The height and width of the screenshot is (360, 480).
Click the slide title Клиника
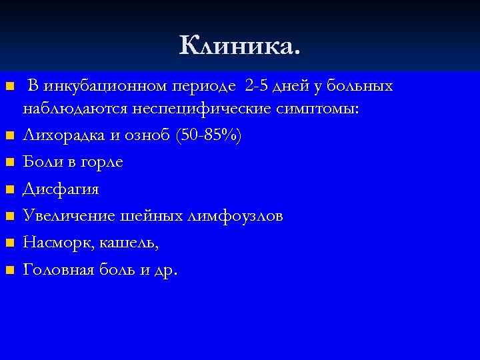click(240, 45)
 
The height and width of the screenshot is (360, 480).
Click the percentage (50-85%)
click(208, 136)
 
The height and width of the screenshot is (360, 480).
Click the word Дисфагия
click(61, 190)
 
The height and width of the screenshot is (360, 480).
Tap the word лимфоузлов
click(236, 217)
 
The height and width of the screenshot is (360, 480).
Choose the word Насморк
click(58, 243)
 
